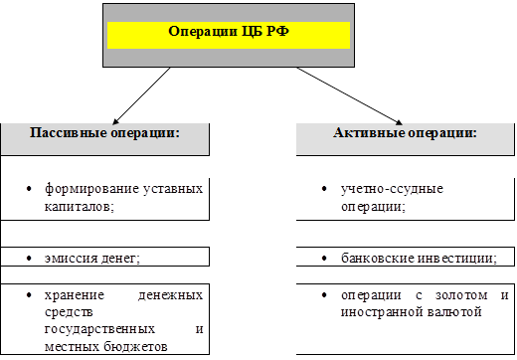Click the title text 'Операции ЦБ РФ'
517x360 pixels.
click(x=229, y=32)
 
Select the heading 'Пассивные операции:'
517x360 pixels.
click(x=104, y=133)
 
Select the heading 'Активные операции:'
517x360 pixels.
click(x=405, y=133)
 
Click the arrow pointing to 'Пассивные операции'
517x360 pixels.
click(x=141, y=95)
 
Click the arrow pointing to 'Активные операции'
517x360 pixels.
click(x=350, y=96)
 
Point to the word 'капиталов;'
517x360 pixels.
click(x=80, y=207)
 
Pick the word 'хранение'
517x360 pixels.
click(x=75, y=295)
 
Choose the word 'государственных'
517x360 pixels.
click(x=99, y=329)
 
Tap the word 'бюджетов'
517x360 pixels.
click(x=136, y=347)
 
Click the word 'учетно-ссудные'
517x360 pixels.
click(x=392, y=189)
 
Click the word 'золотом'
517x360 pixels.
click(x=461, y=295)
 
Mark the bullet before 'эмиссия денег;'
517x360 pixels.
click(x=29, y=259)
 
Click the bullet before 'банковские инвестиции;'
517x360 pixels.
click(x=324, y=259)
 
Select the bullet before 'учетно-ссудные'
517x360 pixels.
click(x=324, y=189)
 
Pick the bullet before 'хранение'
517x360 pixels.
click(x=29, y=294)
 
